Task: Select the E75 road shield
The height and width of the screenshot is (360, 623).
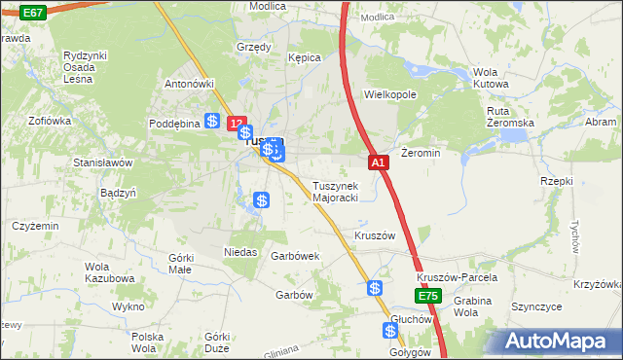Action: pos(428,295)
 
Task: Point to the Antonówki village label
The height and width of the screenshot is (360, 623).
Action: pos(189,84)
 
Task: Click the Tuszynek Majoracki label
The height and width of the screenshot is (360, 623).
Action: pos(336,192)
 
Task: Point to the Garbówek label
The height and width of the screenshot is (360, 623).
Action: pos(296,256)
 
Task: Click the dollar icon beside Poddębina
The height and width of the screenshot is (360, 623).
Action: pos(212,121)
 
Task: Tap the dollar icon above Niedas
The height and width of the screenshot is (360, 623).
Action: pos(261,201)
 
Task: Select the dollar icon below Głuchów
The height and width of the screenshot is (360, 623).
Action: pos(391,331)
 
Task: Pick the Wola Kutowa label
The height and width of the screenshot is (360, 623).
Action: pos(492,79)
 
